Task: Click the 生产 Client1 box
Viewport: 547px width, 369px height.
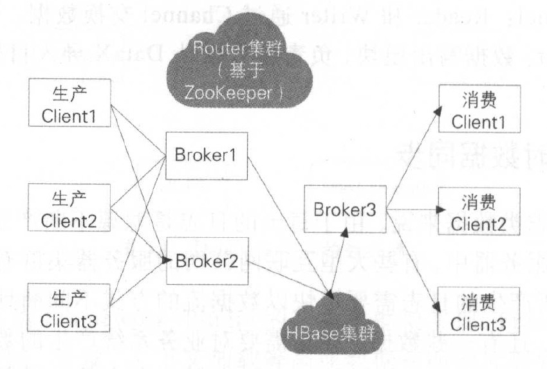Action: [x=70, y=103]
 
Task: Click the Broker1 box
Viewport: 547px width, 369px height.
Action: [x=205, y=155]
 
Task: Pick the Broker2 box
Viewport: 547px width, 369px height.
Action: [x=205, y=260]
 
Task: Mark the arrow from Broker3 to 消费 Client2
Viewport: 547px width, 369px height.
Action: [x=412, y=210]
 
